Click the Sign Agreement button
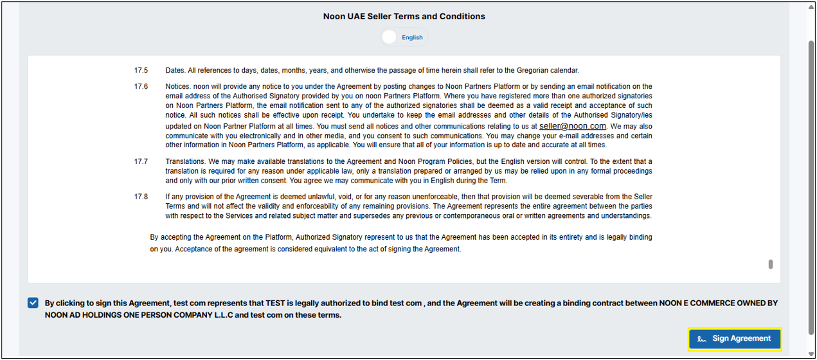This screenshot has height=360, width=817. (x=734, y=339)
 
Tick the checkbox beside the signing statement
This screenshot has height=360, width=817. (x=33, y=303)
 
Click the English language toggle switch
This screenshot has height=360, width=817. (x=390, y=37)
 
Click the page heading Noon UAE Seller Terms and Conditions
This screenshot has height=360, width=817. (x=404, y=16)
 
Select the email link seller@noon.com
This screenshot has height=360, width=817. (x=572, y=127)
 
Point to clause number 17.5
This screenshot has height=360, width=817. (x=141, y=70)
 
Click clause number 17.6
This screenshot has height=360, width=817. (x=141, y=86)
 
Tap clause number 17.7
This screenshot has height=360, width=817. (x=141, y=161)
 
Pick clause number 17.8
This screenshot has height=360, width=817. (x=141, y=197)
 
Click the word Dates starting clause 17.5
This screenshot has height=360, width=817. (x=175, y=70)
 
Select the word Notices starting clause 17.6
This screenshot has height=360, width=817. (x=178, y=86)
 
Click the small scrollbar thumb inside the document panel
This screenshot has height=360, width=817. (x=770, y=264)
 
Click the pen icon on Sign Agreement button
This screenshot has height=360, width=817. (x=702, y=339)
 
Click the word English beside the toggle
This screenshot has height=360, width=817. (x=412, y=37)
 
